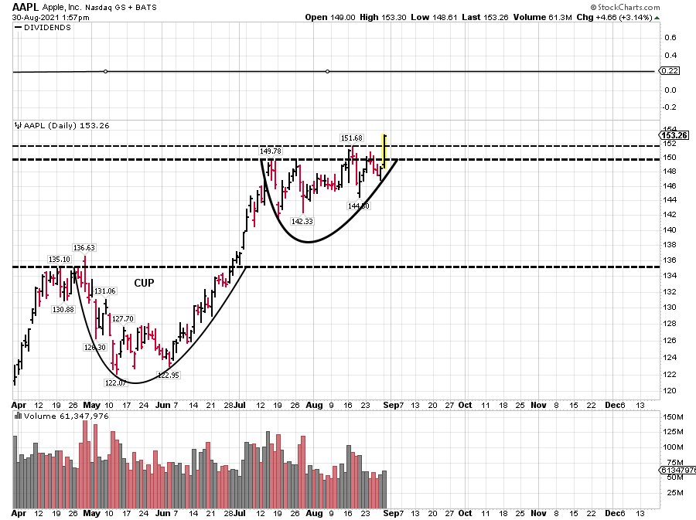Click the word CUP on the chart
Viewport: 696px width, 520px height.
point(145,283)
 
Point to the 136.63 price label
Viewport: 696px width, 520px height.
point(84,248)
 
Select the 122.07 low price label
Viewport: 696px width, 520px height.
point(116,383)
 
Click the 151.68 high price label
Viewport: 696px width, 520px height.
point(352,138)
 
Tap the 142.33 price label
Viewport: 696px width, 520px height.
point(302,221)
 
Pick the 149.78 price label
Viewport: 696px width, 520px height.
point(270,151)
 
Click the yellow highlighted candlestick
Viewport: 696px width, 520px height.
point(384,152)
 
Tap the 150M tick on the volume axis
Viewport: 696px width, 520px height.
point(673,417)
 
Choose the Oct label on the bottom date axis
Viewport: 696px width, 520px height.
point(466,513)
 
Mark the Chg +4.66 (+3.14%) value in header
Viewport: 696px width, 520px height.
point(633,17)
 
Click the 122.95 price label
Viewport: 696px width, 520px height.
point(169,375)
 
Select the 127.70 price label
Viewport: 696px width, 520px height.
point(122,318)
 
